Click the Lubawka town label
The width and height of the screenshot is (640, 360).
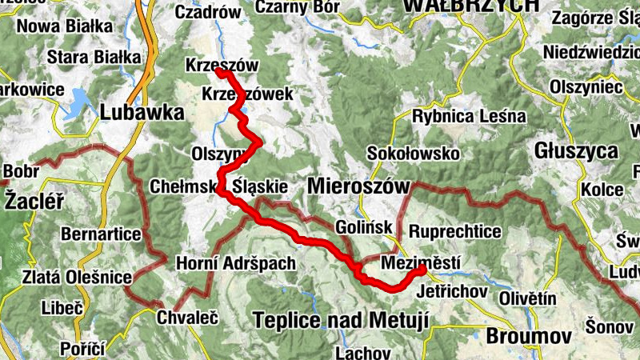click(x=142, y=113)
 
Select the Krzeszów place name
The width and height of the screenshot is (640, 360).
click(x=212, y=64)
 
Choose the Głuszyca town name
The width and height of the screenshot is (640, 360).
click(x=578, y=150)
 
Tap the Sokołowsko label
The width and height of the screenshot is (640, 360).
click(x=412, y=153)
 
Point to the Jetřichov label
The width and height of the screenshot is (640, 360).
click(x=453, y=290)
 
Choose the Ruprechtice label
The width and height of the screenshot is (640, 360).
click(x=455, y=232)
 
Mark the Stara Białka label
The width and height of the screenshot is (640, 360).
click(x=94, y=58)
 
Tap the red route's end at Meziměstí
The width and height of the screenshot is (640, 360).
click(x=420, y=270)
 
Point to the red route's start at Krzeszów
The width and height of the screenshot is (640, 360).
click(x=219, y=72)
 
